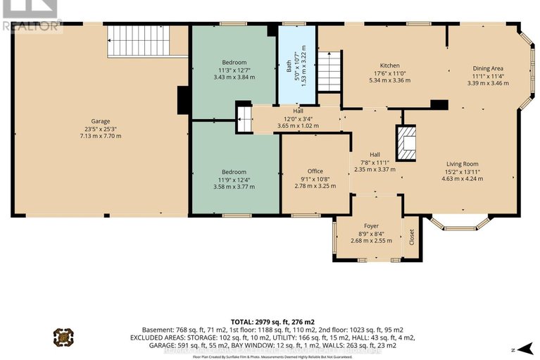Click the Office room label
[315, 171]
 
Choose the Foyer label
[371, 226]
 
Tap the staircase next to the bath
[329, 71]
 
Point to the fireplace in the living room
[408, 143]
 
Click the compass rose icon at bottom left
[63, 337]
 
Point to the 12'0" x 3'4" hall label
[298, 118]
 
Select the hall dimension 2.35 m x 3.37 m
[375, 169]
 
